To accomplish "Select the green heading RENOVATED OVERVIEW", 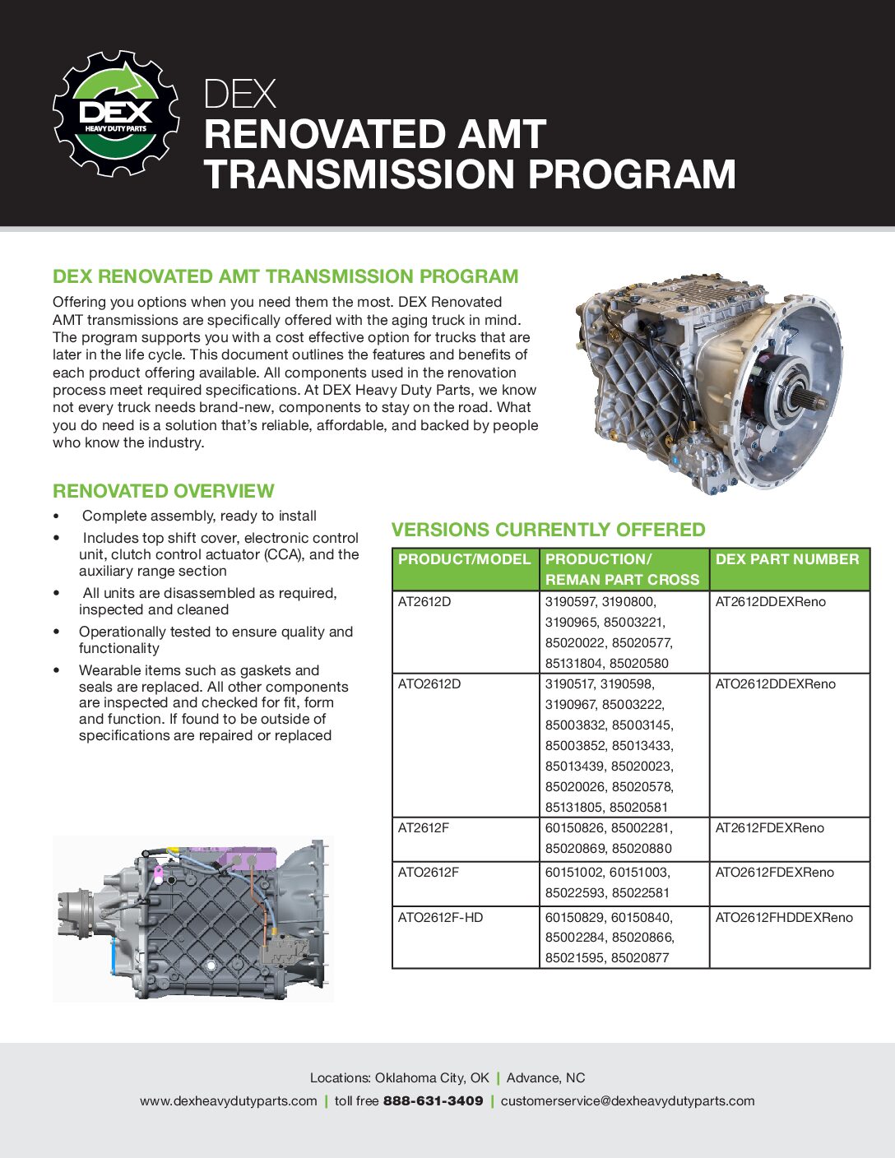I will (x=163, y=491).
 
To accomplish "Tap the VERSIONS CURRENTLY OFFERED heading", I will (x=548, y=530).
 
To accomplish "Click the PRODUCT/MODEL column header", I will (x=464, y=559).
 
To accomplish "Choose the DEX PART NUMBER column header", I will (x=786, y=559).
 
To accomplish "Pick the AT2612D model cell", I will (x=424, y=602).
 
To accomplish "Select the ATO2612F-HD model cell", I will (x=440, y=917).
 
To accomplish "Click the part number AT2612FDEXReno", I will (x=769, y=828).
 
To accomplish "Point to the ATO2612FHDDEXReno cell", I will (x=784, y=917).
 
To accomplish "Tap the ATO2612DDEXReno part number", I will (x=775, y=684).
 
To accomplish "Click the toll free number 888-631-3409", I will (x=433, y=1100).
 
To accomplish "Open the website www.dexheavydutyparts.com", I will (x=228, y=1100).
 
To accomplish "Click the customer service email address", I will (x=627, y=1100).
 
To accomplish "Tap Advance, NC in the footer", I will (x=545, y=1077).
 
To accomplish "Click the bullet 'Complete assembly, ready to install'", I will (x=199, y=516).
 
